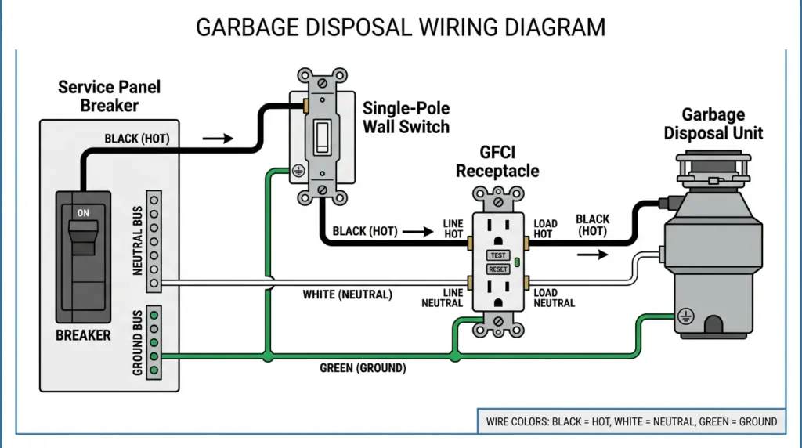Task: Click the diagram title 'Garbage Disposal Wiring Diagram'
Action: (x=400, y=27)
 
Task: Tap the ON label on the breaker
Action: (x=83, y=212)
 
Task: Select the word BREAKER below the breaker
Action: (x=83, y=335)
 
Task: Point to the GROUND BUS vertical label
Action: (x=137, y=341)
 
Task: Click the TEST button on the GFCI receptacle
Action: (x=498, y=255)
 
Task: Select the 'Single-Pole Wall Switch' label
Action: (x=406, y=117)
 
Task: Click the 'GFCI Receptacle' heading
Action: (x=497, y=161)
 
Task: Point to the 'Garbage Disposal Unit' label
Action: (x=713, y=125)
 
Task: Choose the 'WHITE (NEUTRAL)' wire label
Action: (x=347, y=294)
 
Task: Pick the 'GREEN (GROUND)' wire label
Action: (x=363, y=367)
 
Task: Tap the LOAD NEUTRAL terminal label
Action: (x=555, y=298)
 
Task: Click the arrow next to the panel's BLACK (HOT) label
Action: (x=218, y=139)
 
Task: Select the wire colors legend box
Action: (x=630, y=421)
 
